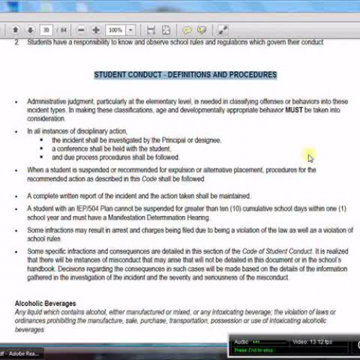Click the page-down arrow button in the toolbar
tap(30, 30)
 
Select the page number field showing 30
tap(46, 30)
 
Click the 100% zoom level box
tap(116, 30)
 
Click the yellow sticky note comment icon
tap(187, 30)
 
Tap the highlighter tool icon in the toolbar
tap(202, 30)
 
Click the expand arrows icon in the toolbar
tap(224, 30)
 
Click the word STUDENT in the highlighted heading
tap(113, 74)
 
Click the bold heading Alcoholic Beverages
tap(45, 303)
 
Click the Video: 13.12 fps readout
tap(311, 341)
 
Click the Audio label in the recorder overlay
tap(241, 341)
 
